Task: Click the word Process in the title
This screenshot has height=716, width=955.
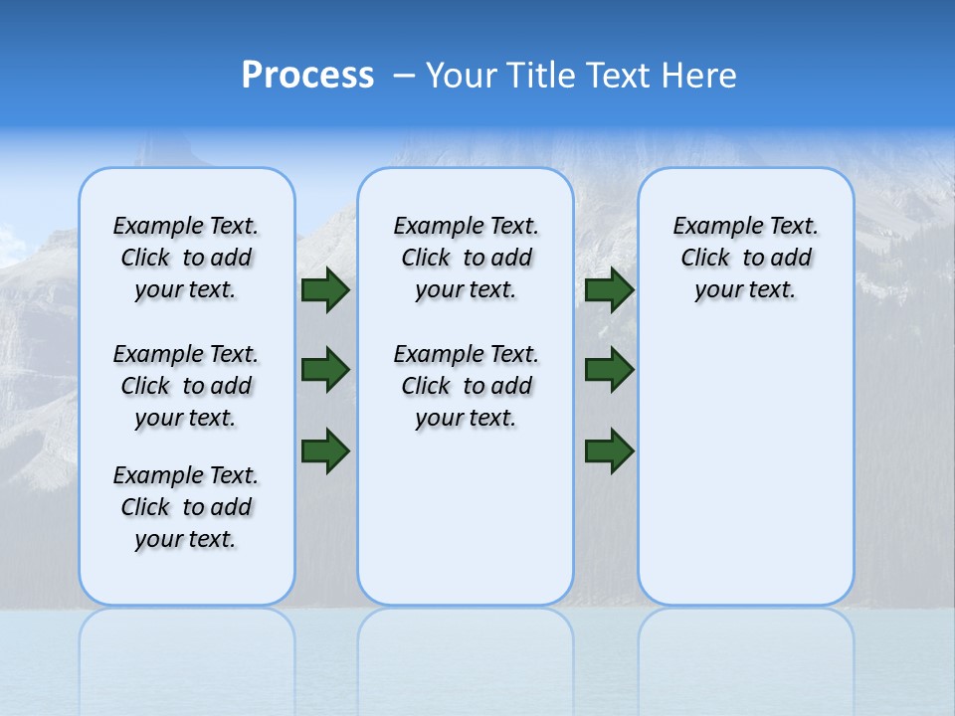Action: [x=307, y=75]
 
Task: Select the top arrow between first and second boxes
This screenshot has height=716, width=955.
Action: [x=325, y=289]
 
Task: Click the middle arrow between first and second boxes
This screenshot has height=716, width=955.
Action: [x=325, y=370]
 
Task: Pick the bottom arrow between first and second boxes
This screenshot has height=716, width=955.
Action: [x=325, y=450]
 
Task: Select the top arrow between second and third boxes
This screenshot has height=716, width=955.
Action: [x=610, y=289]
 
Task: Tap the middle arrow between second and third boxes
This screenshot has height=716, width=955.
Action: [x=610, y=370]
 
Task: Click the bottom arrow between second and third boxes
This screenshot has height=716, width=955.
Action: [x=610, y=450]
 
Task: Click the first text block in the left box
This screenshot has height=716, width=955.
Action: [x=186, y=258]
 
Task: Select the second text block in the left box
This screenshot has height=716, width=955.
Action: [x=186, y=386]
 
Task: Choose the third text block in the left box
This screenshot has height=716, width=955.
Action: [x=186, y=507]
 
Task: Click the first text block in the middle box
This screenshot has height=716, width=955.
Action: [x=466, y=258]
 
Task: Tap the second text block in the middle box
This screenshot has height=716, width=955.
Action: [x=466, y=386]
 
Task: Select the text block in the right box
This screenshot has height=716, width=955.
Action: [x=745, y=258]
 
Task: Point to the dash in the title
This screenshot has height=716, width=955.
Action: [x=405, y=76]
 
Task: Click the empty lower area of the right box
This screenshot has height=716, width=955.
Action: [x=745, y=477]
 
